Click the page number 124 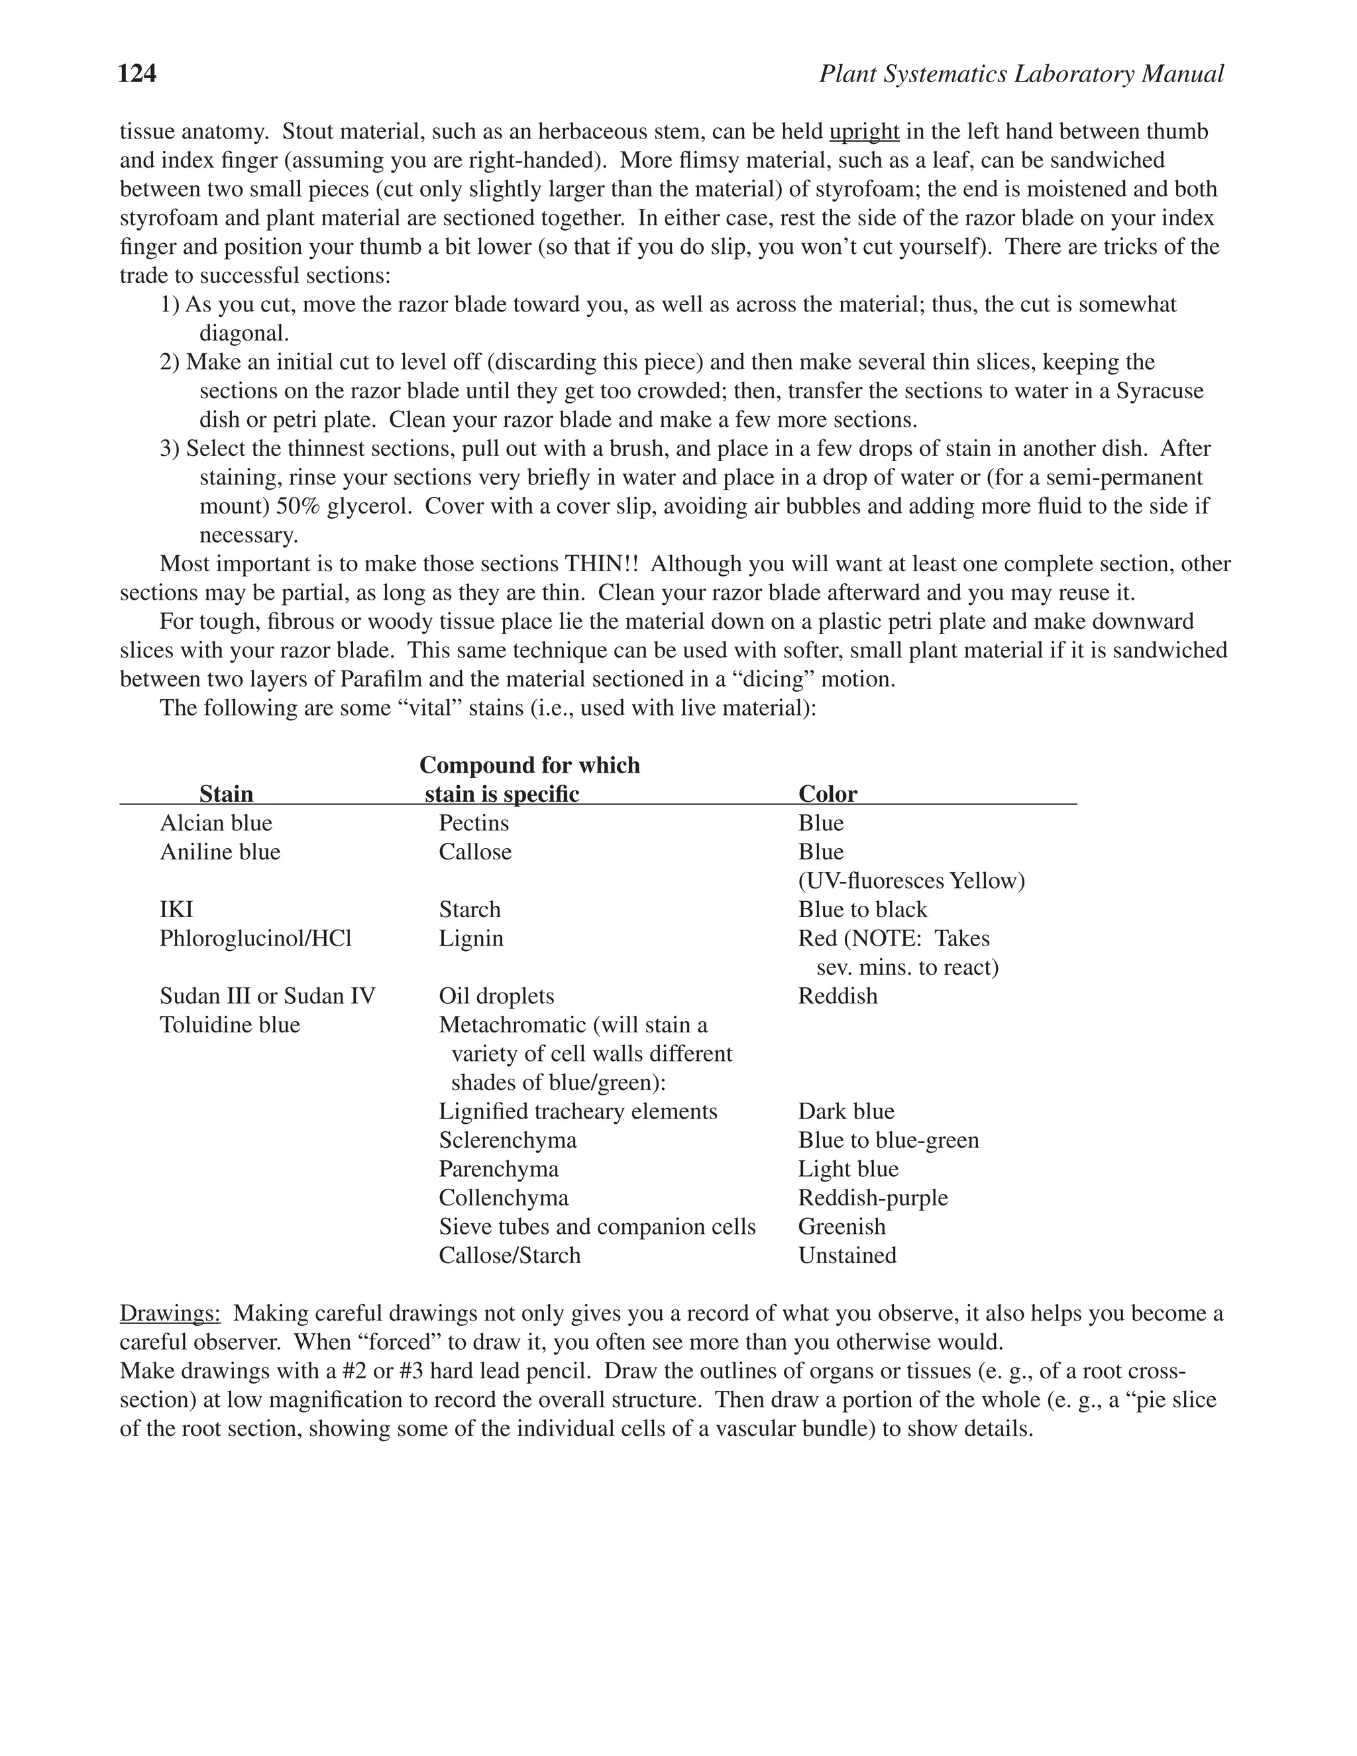click(136, 74)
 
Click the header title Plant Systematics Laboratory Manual click(1021, 74)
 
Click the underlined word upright click(863, 131)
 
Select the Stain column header click(226, 794)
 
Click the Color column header click(827, 794)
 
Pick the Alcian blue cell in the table click(215, 822)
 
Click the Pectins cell click(474, 822)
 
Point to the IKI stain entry click(176, 909)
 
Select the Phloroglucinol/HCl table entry click(256, 938)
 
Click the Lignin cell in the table click(471, 938)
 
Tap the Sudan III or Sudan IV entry click(267, 996)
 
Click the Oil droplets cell click(496, 996)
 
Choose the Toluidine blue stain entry click(229, 1025)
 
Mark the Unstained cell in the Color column click(847, 1255)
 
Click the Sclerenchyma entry click(508, 1140)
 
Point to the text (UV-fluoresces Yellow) click(911, 881)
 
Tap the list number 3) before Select click(170, 449)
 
